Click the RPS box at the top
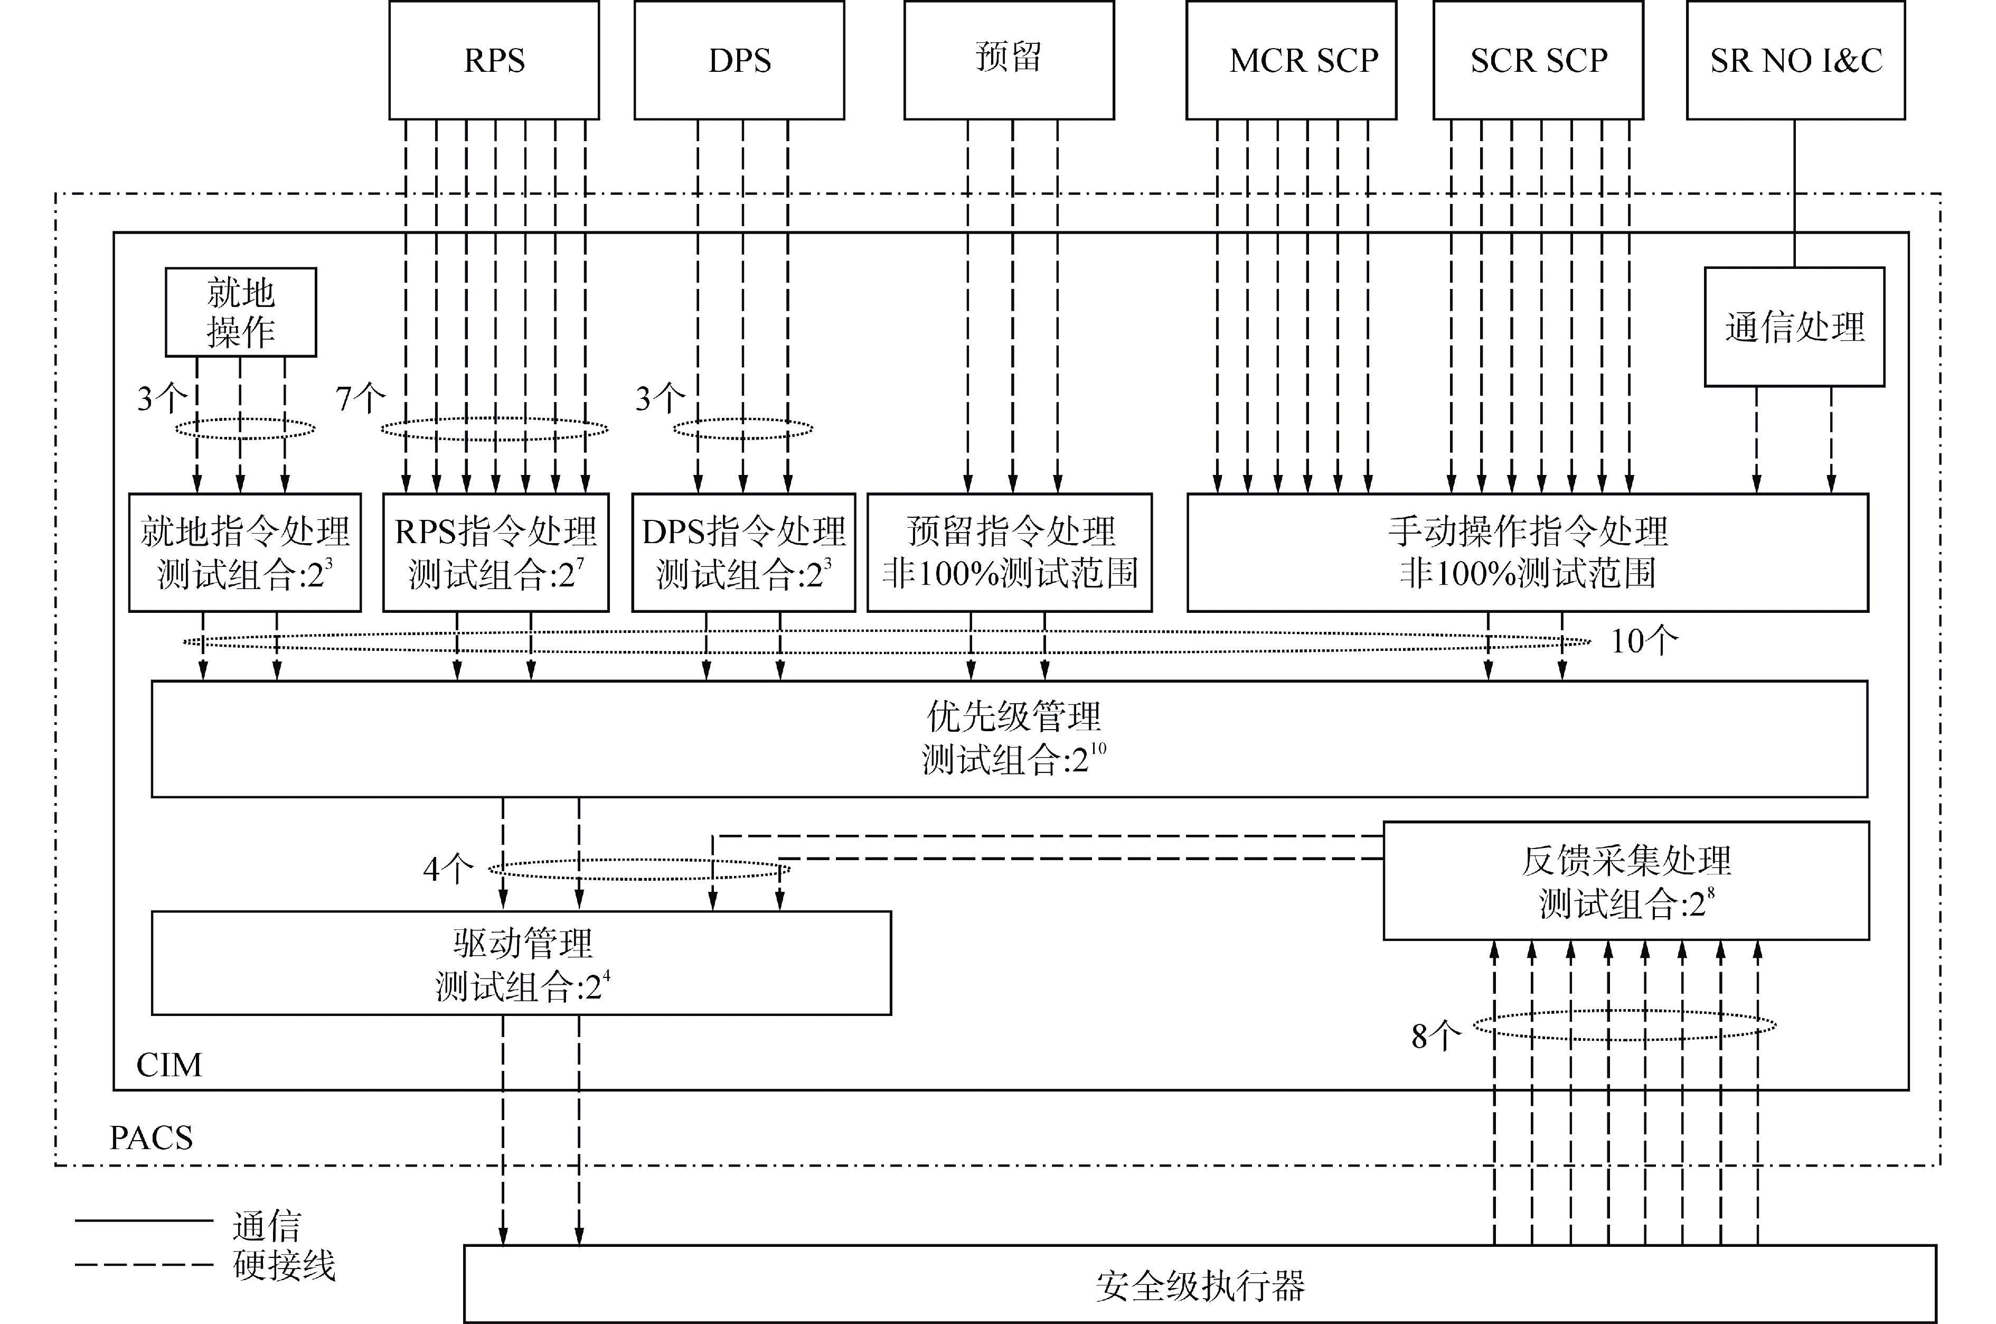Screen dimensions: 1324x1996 494,60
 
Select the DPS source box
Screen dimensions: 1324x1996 739,60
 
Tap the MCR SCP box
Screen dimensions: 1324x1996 1291,60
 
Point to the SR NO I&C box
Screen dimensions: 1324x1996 1795,60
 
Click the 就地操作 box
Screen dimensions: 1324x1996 241,312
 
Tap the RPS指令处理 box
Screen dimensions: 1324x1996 495,552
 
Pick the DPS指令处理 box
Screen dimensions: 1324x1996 743,552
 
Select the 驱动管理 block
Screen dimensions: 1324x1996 521,963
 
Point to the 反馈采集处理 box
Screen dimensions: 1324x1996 1625,881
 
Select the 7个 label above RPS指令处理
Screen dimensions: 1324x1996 360,398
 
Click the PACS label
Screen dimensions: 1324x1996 151,1138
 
